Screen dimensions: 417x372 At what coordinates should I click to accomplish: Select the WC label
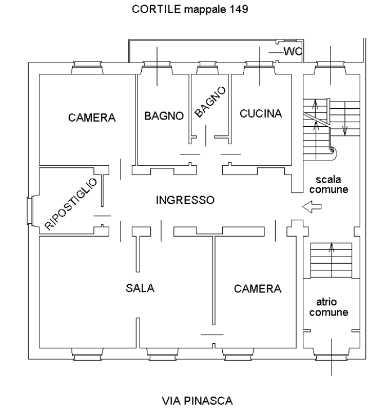tap(293, 52)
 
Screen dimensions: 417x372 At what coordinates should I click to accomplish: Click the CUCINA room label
tap(261, 114)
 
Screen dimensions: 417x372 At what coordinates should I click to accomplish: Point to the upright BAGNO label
tap(164, 116)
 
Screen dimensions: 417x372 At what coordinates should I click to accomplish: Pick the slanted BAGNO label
tap(210, 102)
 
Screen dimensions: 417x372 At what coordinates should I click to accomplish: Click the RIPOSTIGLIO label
tap(71, 203)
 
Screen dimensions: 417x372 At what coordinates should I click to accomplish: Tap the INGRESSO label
tap(185, 200)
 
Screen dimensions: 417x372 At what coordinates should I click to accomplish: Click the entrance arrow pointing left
tap(311, 207)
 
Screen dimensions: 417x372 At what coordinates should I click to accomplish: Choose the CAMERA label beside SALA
tap(257, 289)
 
